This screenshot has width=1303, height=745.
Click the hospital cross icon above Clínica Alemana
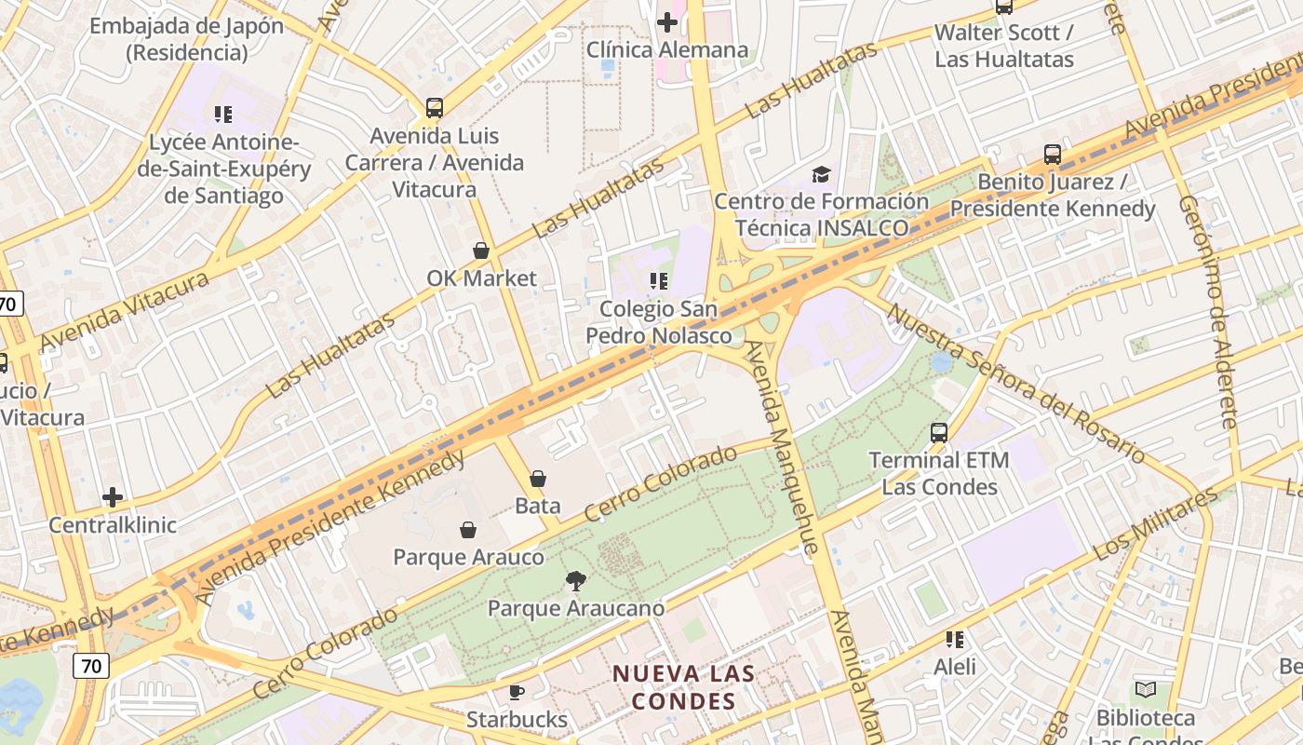coord(667,21)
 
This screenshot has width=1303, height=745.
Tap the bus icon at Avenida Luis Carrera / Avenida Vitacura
coord(435,107)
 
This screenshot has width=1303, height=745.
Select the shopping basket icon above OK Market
coord(481,251)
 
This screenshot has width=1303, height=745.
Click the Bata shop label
coord(538,506)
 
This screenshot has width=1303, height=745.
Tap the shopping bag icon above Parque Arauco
coord(468,530)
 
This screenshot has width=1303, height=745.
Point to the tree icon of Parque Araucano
coord(576,581)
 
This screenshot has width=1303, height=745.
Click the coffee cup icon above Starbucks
coord(517,692)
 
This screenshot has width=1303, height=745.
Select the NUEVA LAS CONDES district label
coord(684,687)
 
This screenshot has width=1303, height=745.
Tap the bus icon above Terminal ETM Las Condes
coord(939,432)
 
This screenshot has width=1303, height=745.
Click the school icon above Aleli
coord(955,640)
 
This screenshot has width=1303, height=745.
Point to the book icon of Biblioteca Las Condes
coord(1146,690)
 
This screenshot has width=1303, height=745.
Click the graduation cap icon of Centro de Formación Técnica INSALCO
coord(821,174)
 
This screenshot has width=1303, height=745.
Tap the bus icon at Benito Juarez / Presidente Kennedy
coord(1053,155)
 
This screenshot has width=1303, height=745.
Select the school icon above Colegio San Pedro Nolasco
coord(659,280)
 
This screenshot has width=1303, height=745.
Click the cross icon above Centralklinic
coord(113,497)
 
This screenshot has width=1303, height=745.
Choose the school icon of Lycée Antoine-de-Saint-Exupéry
coord(223,115)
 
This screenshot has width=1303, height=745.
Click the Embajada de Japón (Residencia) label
coord(186,38)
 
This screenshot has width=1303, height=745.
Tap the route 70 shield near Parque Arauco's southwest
coord(90,666)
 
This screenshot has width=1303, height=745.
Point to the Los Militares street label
coord(1155,524)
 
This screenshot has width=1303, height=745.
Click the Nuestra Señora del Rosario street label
coord(1014,383)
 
